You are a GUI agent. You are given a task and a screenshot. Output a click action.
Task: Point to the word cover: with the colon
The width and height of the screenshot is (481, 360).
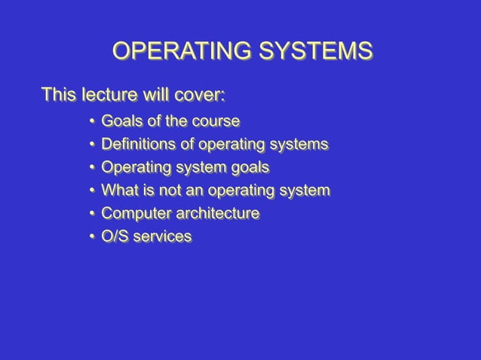pos(201,96)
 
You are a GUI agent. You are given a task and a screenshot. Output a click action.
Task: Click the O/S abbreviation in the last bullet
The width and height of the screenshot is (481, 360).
pos(114,237)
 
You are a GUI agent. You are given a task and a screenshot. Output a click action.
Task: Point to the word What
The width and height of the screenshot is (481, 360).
pos(118,191)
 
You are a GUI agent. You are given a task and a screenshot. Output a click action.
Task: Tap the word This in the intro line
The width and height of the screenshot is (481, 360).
pos(57,96)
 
